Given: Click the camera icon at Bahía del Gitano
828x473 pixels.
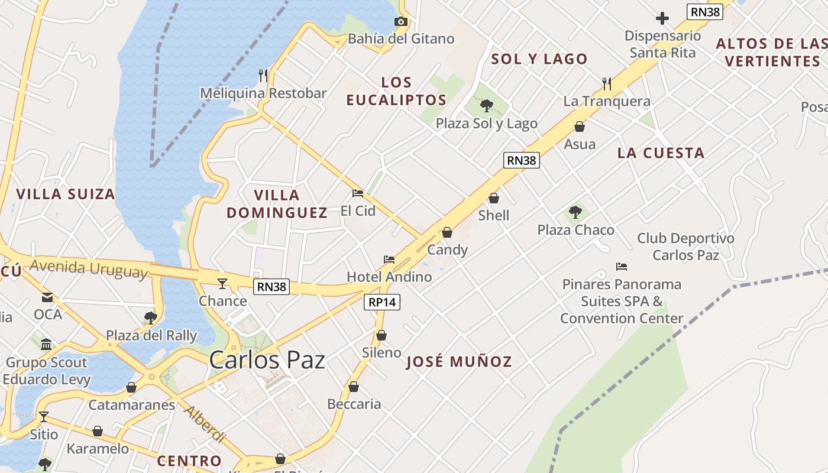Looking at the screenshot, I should point(401,22).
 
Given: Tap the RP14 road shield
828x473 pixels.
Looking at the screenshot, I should point(381,302).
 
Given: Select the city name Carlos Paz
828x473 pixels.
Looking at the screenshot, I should point(267,359).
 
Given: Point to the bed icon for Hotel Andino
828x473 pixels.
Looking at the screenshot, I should point(389,260).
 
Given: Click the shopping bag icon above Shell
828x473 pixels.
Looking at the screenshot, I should point(494,198).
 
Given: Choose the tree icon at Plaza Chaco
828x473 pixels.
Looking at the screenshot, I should point(575,212).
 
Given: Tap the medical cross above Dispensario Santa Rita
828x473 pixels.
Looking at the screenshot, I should point(662,18).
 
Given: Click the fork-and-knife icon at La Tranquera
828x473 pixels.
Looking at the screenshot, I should point(607,84).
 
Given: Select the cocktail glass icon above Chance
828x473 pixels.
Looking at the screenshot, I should point(222,284).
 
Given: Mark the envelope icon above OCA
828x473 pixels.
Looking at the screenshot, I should point(47,297).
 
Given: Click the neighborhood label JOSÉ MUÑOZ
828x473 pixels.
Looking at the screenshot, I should point(459,362).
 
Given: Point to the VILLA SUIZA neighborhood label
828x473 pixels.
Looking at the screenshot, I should point(65,194).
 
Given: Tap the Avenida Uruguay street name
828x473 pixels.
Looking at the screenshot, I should point(88,268).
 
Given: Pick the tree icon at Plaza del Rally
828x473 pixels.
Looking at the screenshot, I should point(151,318).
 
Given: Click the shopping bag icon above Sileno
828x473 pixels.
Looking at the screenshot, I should point(381,335).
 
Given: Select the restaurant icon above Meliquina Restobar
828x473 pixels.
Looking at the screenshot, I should point(263,76).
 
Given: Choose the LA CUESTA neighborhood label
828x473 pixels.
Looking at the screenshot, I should point(661,153).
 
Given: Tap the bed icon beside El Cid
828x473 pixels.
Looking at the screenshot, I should point(357,193).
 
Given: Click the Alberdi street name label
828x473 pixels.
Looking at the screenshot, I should point(204,424).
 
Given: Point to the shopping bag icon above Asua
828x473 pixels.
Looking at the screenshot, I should point(580,127).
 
